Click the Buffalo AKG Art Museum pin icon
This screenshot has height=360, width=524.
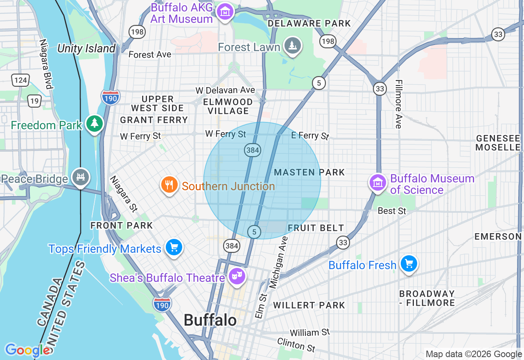[225, 12]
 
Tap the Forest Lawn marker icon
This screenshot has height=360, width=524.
[293, 46]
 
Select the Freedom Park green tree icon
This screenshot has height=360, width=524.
[95, 123]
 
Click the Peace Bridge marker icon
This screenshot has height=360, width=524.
[80, 177]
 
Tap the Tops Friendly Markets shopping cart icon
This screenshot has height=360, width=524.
[174, 247]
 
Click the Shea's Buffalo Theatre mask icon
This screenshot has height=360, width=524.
[237, 276]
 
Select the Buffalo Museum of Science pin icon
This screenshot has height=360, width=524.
[378, 182]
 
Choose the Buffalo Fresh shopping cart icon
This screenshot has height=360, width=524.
[409, 264]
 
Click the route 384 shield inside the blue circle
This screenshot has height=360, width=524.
[253, 150]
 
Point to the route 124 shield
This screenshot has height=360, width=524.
[20, 80]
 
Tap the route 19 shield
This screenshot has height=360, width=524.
[34, 101]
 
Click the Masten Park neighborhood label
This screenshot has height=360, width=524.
[309, 172]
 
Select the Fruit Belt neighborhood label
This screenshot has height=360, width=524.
[316, 228]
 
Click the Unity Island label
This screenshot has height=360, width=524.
[86, 48]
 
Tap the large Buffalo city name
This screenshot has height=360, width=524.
[210, 320]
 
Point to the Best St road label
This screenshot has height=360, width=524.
[392, 211]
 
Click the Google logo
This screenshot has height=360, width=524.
[27, 350]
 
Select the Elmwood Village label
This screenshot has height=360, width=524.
[228, 106]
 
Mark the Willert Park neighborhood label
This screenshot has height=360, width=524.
[309, 305]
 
